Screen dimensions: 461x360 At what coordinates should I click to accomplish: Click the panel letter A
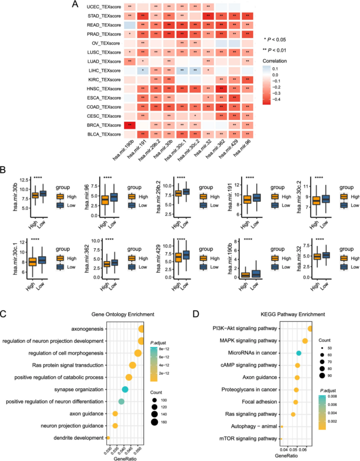coord(75,5)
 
